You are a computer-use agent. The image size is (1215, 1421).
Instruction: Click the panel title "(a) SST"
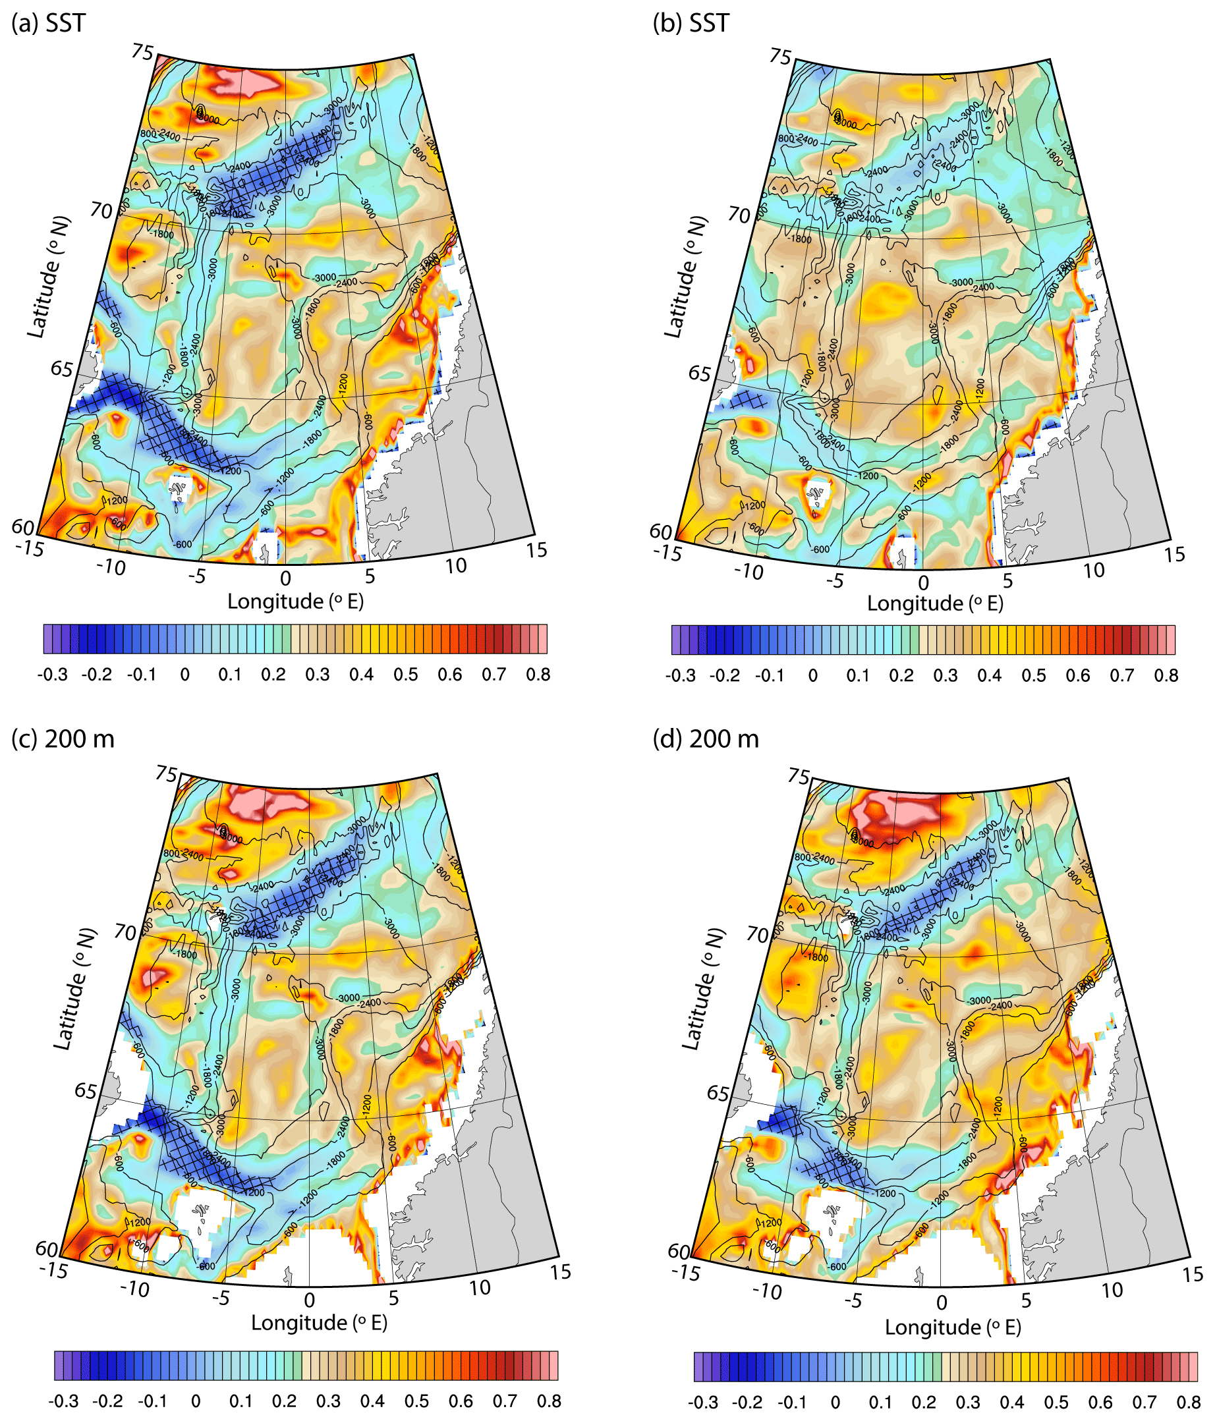click(49, 23)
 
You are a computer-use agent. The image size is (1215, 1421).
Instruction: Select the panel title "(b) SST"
click(691, 23)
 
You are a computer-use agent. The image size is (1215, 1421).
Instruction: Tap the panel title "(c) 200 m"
click(63, 738)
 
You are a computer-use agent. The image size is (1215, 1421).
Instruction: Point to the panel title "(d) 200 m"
click(706, 738)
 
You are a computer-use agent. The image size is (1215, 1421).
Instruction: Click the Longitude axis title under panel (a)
click(296, 601)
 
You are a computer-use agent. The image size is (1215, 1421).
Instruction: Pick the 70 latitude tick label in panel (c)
click(126, 932)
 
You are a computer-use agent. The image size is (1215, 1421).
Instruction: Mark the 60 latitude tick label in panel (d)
click(679, 1251)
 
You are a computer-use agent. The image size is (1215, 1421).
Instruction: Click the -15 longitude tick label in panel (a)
click(29, 548)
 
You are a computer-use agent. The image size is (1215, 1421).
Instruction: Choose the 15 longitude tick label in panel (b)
click(1175, 554)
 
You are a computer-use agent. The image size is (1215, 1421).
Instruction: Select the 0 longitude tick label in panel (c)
click(310, 1300)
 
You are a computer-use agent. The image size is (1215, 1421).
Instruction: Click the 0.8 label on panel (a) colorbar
click(538, 675)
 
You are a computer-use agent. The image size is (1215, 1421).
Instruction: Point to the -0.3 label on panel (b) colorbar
click(680, 676)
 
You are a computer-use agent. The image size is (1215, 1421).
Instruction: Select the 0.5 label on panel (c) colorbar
click(416, 1401)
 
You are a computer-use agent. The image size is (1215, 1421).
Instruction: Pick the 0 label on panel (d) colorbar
click(835, 1402)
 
